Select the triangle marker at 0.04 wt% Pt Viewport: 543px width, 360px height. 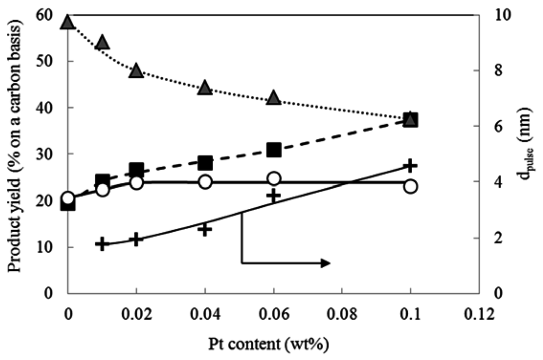tap(205, 89)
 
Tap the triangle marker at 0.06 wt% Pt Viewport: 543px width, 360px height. tap(273, 98)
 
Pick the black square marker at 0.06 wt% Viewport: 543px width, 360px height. tap(273, 150)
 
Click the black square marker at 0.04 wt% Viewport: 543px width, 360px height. tap(205, 163)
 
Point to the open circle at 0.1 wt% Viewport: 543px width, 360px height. tap(410, 186)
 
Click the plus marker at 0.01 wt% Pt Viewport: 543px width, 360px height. tap(102, 244)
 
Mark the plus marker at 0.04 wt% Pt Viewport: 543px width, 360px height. tap(205, 229)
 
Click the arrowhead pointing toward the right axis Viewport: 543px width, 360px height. tap(325, 263)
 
